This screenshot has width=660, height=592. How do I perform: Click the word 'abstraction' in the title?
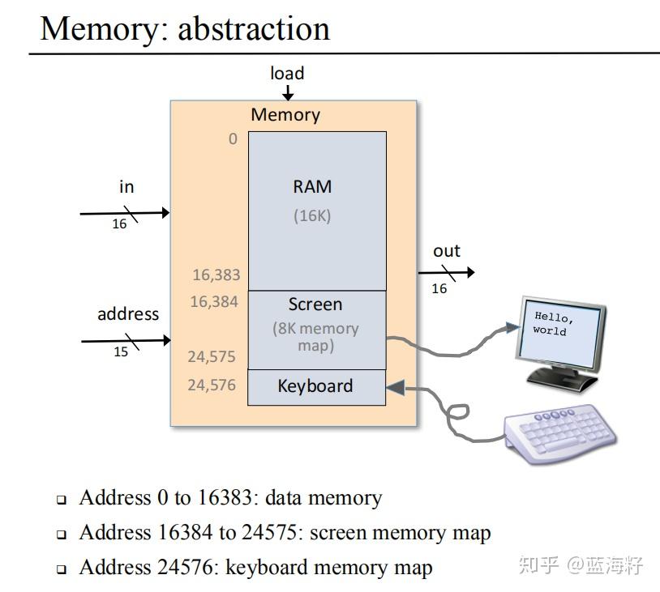click(x=254, y=28)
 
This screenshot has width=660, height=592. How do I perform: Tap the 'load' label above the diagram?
click(x=287, y=73)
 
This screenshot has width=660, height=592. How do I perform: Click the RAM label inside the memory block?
click(x=312, y=187)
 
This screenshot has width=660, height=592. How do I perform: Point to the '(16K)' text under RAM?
click(x=312, y=215)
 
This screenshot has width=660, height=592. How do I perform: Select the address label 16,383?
click(x=216, y=275)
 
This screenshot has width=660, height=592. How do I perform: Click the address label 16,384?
click(x=214, y=302)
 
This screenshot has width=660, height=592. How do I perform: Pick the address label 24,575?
click(x=212, y=357)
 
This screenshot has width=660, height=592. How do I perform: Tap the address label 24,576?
click(x=212, y=385)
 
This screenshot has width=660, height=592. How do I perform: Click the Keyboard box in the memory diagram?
click(x=316, y=388)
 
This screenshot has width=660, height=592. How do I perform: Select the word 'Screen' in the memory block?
click(x=315, y=305)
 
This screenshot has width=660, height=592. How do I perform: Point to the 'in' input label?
click(x=126, y=187)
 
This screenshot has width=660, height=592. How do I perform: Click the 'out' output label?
click(x=447, y=251)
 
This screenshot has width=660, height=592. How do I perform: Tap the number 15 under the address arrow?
click(x=121, y=351)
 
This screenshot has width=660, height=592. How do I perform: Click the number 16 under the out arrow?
click(x=439, y=288)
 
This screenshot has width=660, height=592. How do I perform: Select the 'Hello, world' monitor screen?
click(x=560, y=332)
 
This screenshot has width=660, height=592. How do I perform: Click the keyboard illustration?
click(x=560, y=434)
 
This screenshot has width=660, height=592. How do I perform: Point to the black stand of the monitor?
click(x=562, y=378)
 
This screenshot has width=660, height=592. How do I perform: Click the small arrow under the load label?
click(x=288, y=93)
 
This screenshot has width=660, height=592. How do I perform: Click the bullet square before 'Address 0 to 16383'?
click(x=62, y=500)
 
